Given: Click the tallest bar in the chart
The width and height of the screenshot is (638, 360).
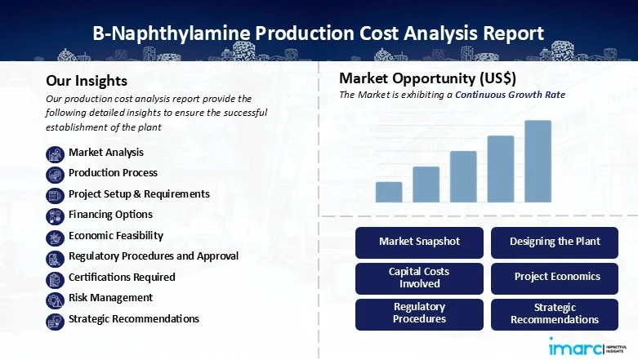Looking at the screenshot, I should pyautogui.click(x=538, y=161).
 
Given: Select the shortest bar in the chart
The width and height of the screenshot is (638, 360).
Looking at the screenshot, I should pyautogui.click(x=389, y=192).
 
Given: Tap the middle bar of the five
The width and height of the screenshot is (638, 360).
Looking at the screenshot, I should pyautogui.click(x=463, y=176).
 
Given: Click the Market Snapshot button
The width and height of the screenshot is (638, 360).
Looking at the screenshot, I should pyautogui.click(x=420, y=242).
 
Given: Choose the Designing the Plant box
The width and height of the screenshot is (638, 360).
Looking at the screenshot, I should pyautogui.click(x=555, y=242).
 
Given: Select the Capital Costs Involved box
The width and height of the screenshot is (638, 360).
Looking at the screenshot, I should pyautogui.click(x=420, y=278).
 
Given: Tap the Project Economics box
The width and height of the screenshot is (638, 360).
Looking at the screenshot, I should pyautogui.click(x=555, y=278).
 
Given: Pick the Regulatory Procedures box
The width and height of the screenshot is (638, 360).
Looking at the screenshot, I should pyautogui.click(x=420, y=313).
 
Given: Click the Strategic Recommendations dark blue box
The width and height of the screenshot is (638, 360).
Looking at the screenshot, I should pyautogui.click(x=555, y=313).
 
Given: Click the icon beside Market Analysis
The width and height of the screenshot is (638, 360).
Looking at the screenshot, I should pyautogui.click(x=55, y=153).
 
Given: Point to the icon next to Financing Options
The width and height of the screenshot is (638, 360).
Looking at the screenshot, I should pyautogui.click(x=55, y=215).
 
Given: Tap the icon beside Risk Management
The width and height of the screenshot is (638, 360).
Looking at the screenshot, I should pyautogui.click(x=55, y=298).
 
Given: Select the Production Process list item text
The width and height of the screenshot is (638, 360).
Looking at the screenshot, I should pyautogui.click(x=113, y=173).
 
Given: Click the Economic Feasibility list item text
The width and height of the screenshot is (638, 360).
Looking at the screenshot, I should pyautogui.click(x=116, y=235).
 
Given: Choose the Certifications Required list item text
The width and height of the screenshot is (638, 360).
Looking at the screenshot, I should pyautogui.click(x=122, y=277).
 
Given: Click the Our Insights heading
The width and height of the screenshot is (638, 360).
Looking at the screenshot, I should pyautogui.click(x=87, y=81).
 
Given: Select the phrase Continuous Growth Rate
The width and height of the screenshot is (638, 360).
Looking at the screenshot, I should pyautogui.click(x=510, y=96).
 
